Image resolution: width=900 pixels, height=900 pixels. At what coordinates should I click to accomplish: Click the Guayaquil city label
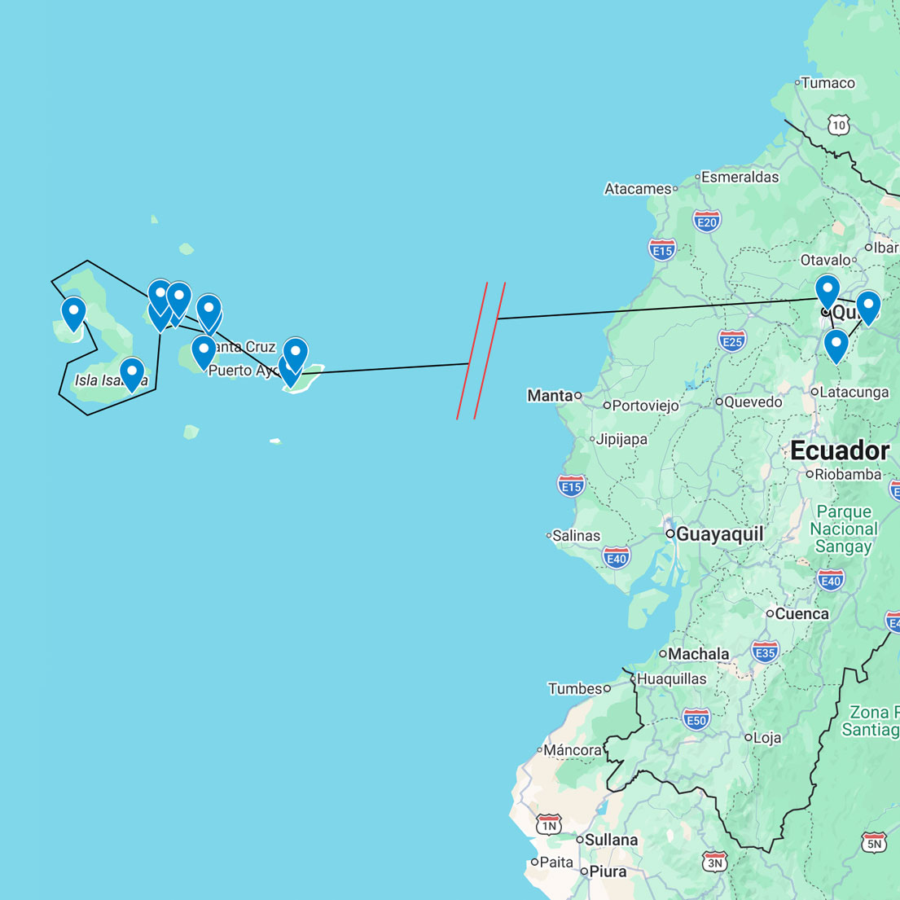(719, 534)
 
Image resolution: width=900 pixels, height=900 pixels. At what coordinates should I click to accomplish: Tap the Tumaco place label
(828, 83)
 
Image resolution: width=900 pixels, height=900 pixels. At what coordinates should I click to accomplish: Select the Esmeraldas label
(740, 177)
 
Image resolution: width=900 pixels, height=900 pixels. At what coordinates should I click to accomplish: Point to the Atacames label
(638, 189)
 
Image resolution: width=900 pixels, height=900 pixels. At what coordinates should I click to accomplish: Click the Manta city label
(550, 396)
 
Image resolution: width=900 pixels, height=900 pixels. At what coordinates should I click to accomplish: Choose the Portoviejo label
(645, 406)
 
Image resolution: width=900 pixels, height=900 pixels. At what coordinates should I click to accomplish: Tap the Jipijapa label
(621, 439)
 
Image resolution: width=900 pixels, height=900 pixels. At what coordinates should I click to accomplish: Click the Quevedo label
(753, 402)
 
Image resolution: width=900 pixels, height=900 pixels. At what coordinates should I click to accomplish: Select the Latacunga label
(854, 392)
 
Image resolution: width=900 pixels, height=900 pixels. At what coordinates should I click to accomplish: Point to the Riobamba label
(848, 474)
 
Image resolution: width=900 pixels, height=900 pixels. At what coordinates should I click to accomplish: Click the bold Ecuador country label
(840, 450)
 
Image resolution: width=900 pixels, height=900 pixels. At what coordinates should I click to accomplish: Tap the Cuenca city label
(801, 613)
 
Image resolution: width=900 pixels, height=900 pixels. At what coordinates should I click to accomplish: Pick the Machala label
(698, 653)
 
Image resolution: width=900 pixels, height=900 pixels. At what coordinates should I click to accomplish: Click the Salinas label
(576, 535)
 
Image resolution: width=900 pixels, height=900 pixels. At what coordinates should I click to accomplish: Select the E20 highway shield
(706, 221)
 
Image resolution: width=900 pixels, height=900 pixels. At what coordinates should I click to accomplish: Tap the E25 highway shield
(732, 340)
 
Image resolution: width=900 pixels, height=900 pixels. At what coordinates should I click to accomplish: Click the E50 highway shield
(696, 719)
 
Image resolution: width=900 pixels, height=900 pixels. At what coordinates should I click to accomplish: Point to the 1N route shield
(549, 824)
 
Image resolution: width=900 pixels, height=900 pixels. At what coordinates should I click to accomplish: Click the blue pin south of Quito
(836, 345)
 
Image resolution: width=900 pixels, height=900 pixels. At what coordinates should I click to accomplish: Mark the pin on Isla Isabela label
(132, 373)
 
